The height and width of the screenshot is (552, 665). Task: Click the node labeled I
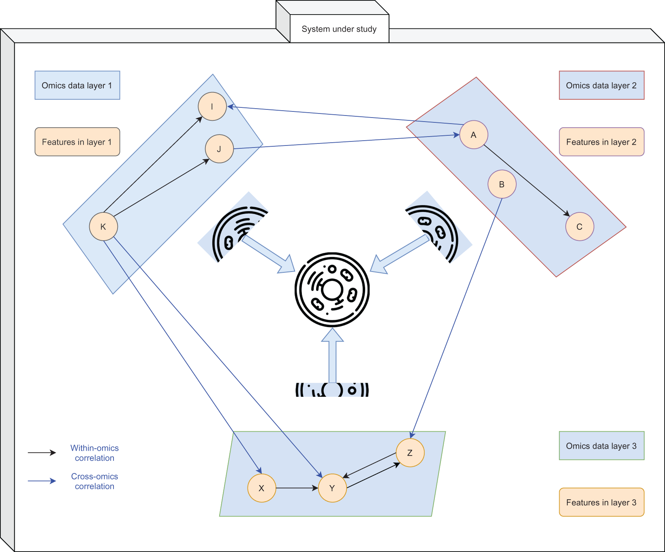[212, 107]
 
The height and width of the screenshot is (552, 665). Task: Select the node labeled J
[219, 149]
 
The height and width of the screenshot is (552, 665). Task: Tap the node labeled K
[103, 227]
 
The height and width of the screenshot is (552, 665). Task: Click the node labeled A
[474, 135]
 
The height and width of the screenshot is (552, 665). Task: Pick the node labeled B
[502, 184]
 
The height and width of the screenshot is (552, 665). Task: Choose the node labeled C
[579, 227]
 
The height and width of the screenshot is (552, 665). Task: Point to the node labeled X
[262, 488]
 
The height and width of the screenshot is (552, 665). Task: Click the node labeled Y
[332, 488]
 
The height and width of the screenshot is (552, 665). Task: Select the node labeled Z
[410, 453]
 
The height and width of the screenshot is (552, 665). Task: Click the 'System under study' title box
[339, 29]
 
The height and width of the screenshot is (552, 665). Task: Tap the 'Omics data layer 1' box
[77, 86]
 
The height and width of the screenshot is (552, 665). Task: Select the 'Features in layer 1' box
[77, 142]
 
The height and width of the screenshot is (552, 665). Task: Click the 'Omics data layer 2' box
[601, 86]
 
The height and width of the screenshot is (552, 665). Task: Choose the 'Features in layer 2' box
[601, 142]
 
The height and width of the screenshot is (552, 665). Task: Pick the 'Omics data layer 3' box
[601, 446]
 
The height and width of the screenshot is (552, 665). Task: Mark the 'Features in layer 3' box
[601, 502]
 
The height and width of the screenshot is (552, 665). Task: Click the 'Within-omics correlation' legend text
[94, 453]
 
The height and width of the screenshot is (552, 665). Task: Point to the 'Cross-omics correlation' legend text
[94, 481]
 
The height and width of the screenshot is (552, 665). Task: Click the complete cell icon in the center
[332, 290]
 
